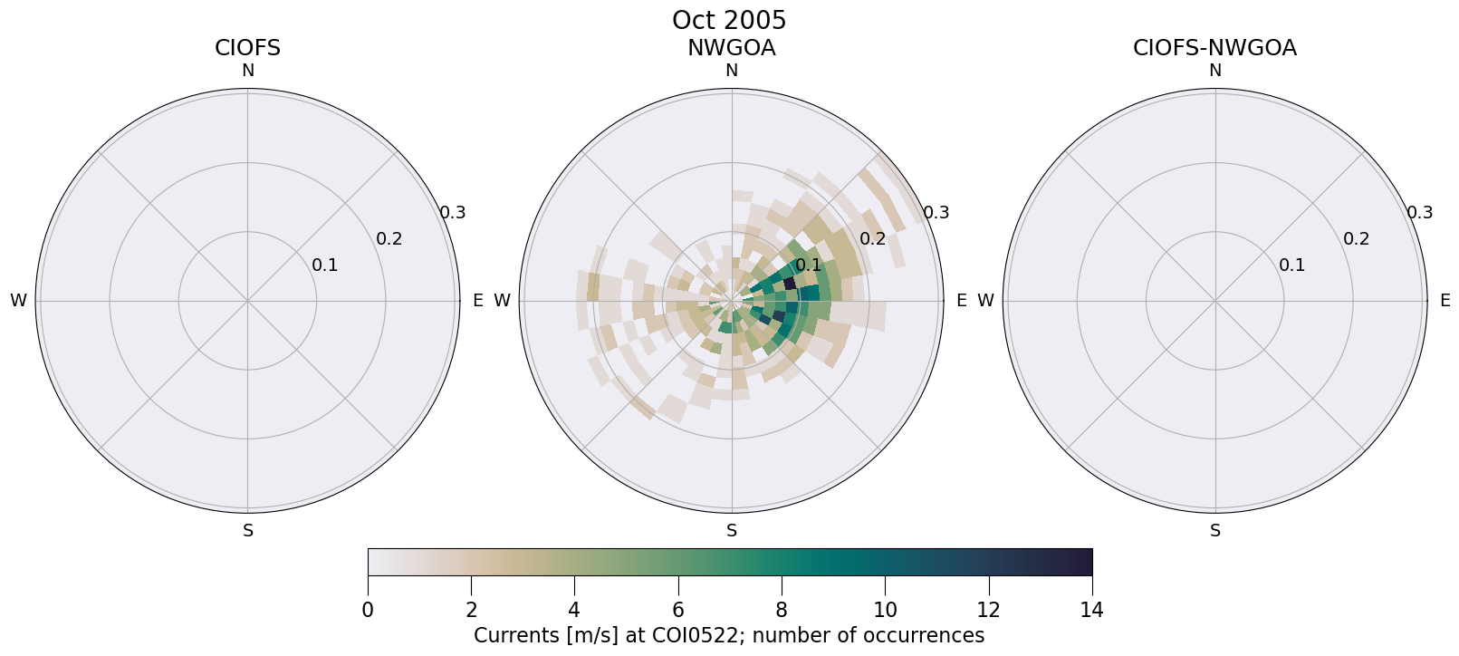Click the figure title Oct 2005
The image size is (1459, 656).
coord(729,20)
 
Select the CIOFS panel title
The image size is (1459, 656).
coord(247,48)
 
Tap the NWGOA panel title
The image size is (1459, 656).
coord(731,48)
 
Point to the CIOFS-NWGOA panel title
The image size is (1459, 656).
coord(1214,48)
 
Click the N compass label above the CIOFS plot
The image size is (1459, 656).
coord(247,71)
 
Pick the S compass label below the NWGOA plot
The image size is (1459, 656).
coord(731,531)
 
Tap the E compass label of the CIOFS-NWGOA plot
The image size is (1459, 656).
coord(1445,301)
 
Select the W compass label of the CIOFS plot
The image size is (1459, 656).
coord(18,301)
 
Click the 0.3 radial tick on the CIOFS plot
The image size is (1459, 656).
coord(453,213)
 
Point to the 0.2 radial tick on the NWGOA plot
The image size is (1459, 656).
coord(872,239)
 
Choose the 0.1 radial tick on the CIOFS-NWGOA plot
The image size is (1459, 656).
coord(1291,265)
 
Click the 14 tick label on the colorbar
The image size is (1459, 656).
coord(1091,610)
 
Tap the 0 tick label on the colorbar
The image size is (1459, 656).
coord(368,610)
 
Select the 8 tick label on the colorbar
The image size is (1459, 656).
coord(782,610)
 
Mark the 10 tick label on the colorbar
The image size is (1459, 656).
coord(885,610)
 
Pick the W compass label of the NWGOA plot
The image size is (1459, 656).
coord(502,301)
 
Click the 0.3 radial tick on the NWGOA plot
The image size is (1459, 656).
coord(936,213)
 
